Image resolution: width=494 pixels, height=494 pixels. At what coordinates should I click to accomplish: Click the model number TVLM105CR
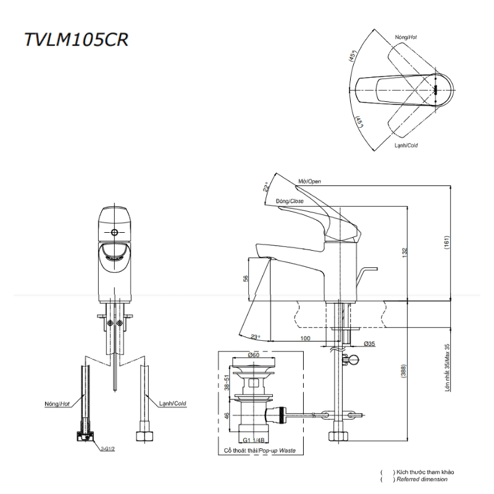[75, 39]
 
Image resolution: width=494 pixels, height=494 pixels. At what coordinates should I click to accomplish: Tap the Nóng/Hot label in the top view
[405, 38]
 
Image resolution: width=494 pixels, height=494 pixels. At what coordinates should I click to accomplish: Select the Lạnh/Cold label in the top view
[406, 145]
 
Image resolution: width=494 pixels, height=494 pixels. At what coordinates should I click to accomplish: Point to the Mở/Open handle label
[309, 182]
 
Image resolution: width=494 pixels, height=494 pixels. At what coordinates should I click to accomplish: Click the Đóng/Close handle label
[290, 201]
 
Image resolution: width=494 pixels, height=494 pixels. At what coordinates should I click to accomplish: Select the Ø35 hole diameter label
[370, 343]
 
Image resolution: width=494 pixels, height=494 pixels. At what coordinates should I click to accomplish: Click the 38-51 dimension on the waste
[227, 382]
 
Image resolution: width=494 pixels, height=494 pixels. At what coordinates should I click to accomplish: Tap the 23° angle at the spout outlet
[256, 337]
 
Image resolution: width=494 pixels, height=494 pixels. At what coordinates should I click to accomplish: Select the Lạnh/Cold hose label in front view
[172, 403]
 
